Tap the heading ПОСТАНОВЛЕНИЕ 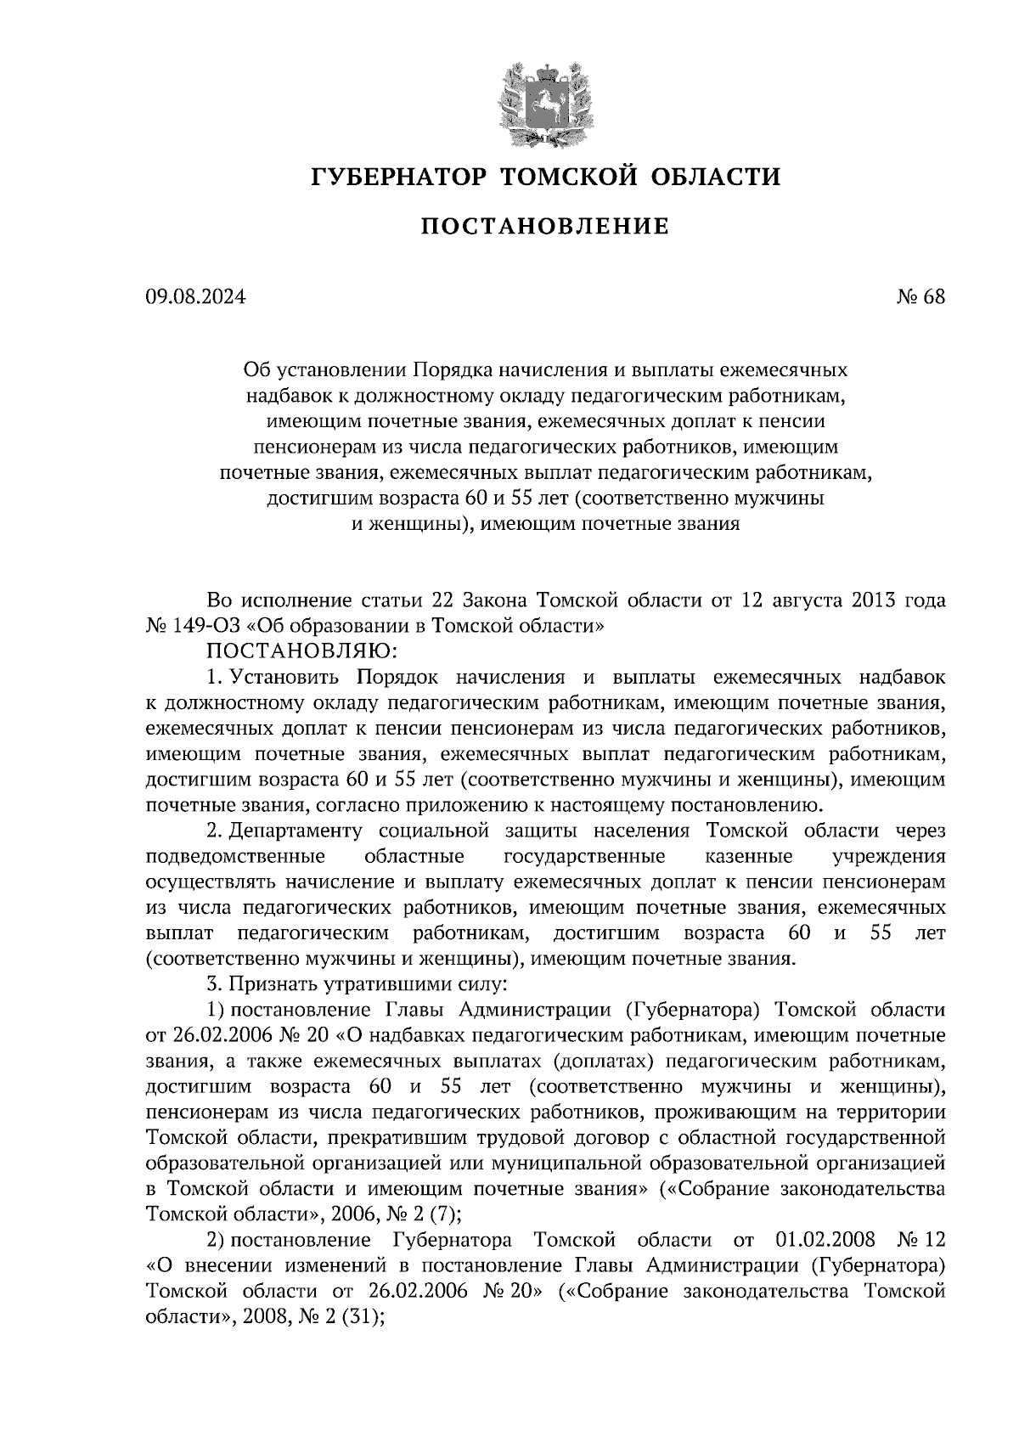[x=545, y=226]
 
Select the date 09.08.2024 [x=195, y=297]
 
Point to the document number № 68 [x=920, y=297]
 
